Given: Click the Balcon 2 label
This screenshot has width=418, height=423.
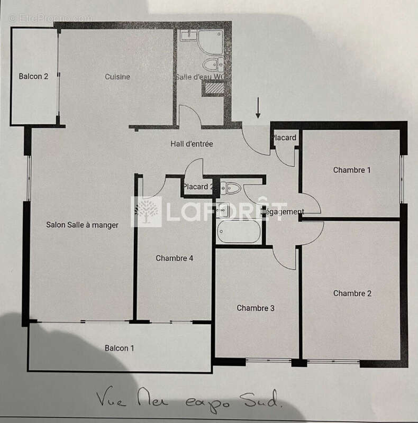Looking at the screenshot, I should pos(33,77).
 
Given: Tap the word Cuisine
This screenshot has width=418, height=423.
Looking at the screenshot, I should pos(117,77).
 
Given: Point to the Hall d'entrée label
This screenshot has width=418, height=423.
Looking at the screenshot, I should pos(192,144).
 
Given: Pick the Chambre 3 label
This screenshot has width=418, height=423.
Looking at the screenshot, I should pos(256,308).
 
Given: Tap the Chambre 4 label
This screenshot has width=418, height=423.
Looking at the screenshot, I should pos(175,259).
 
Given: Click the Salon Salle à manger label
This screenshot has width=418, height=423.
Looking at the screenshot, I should pos(82,225).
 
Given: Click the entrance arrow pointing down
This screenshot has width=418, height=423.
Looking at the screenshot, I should pos(258,108).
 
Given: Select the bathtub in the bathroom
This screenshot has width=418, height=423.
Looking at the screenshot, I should pos(239,232).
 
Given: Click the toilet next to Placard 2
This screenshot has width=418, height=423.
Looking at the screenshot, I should pos(231,188).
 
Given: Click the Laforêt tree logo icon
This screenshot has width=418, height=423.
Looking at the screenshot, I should pos(147,212).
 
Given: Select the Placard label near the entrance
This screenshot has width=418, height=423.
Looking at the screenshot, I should pos(284,138).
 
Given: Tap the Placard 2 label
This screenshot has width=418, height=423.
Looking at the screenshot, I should pos(198,187).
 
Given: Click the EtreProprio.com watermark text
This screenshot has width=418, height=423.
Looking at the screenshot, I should pos(50,18).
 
